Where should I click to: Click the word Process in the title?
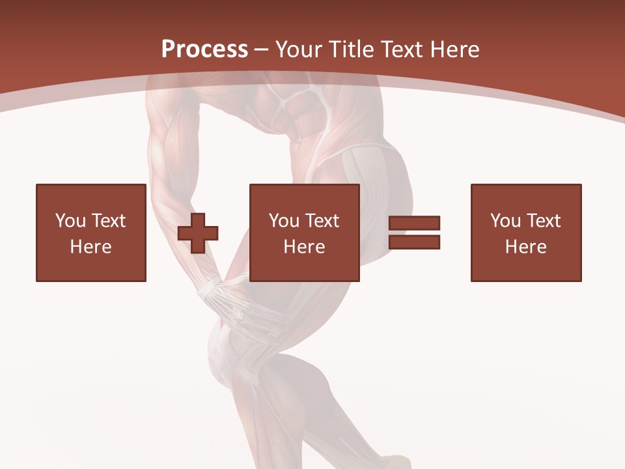tap(204, 50)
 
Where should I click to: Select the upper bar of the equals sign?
tap(414, 223)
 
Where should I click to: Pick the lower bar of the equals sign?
tap(414, 242)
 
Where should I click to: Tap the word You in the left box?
tap(70, 221)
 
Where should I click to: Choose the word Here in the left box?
tap(90, 247)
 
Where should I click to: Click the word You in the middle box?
tap(284, 221)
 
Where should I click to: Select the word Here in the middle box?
tap(304, 247)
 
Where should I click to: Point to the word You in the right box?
tap(505, 221)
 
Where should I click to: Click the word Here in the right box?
tap(525, 247)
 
